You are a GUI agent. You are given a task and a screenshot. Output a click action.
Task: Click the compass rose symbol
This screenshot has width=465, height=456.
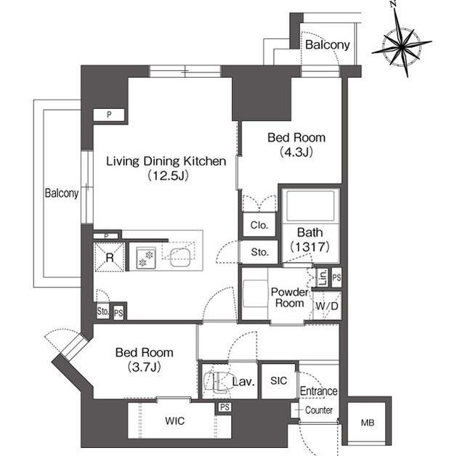point(401,46)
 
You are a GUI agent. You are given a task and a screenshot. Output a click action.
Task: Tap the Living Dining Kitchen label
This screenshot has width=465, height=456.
point(166,161)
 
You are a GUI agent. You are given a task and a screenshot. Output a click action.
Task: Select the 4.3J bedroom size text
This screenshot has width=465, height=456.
point(296,152)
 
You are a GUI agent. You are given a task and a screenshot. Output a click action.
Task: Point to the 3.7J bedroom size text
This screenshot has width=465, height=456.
point(145,367)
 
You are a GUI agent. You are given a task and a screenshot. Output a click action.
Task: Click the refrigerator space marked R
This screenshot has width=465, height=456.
point(110,257)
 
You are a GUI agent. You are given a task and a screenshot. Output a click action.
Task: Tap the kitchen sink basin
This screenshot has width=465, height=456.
point(179,257)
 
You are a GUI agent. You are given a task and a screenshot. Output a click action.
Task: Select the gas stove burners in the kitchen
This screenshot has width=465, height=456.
point(146,258)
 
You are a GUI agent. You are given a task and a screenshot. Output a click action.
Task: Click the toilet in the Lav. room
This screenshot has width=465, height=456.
point(217,380)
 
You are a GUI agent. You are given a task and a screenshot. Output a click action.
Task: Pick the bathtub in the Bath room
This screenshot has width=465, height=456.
point(310,205)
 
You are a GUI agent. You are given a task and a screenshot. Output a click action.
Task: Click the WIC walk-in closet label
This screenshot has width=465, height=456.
point(175,420)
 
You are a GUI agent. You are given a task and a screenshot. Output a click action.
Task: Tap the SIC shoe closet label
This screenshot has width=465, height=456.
point(278,380)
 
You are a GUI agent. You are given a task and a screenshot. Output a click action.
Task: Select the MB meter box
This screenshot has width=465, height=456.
point(368,423)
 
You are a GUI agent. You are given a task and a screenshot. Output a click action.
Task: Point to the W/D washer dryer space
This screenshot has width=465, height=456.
point(327,306)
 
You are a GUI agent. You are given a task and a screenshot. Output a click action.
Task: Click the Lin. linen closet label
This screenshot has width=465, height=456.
point(323,277)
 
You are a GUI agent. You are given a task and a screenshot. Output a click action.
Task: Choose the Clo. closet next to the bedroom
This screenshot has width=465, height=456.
point(259,225)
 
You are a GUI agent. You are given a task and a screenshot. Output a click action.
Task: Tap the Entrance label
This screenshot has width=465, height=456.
point(318,391)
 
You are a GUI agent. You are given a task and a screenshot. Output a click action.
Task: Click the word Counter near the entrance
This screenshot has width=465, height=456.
point(318,410)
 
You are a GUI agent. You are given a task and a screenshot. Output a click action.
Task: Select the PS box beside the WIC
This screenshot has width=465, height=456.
point(225,407)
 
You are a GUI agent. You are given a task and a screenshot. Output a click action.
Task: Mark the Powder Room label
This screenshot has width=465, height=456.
point(289,298)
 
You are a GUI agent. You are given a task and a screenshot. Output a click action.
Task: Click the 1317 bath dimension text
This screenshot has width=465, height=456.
point(310,247)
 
